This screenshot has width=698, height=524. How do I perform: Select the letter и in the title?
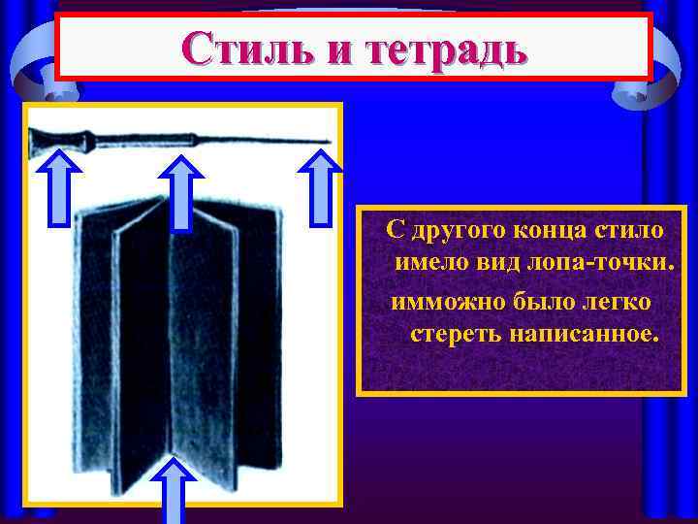(333, 49)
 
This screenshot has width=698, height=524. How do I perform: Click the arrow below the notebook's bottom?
(174, 490)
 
